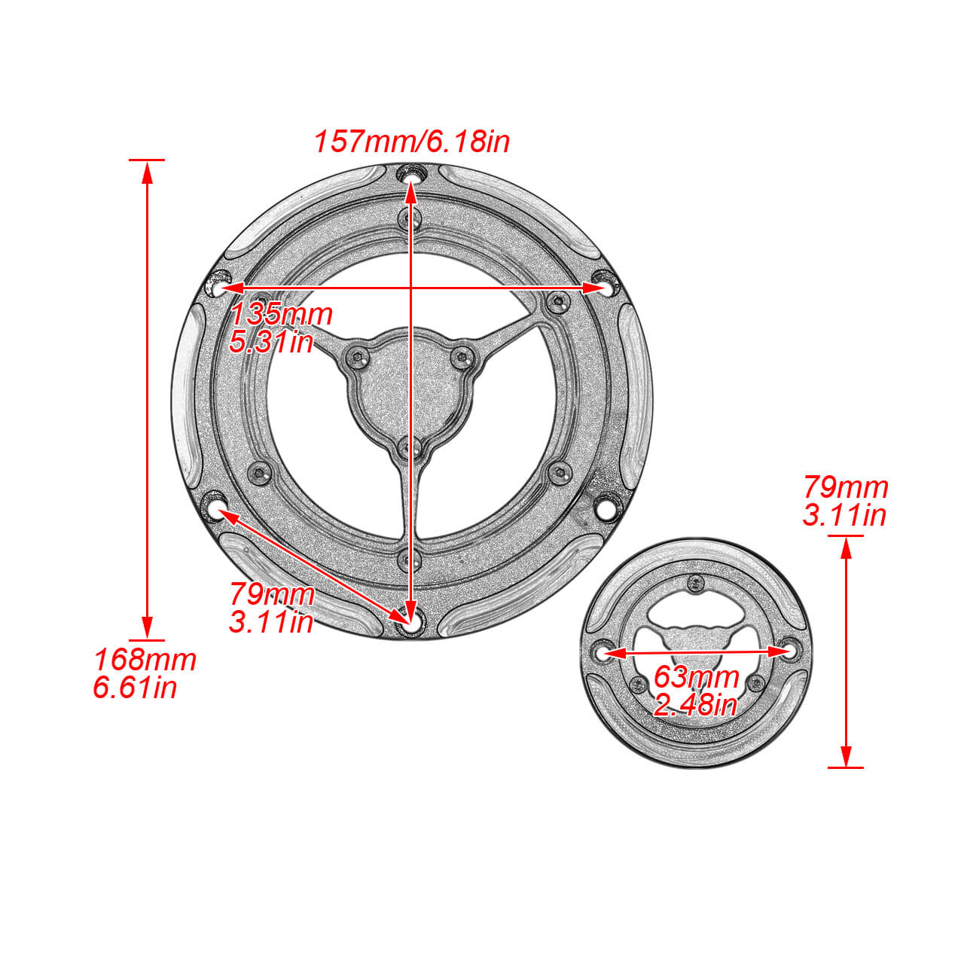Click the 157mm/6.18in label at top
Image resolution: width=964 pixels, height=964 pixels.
[x=411, y=142]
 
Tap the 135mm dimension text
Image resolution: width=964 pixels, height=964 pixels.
[x=281, y=314]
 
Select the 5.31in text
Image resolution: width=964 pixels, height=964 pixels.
[x=271, y=343]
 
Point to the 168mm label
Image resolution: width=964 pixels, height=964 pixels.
[x=145, y=660]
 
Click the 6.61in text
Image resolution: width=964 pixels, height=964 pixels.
[x=135, y=688]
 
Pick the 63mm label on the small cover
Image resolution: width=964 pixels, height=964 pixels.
[x=696, y=677]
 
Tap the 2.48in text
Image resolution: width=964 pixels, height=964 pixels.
[x=694, y=706]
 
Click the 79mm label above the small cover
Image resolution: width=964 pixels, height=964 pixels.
[x=846, y=487]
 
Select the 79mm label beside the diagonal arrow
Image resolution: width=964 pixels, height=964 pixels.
[x=272, y=594]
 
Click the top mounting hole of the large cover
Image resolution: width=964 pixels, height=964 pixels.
[x=410, y=175]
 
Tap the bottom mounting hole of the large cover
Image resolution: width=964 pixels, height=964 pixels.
[x=410, y=623]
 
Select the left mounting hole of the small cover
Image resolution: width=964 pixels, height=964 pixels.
[x=602, y=653]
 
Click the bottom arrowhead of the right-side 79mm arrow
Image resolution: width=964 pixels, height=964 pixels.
[x=846, y=755]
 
